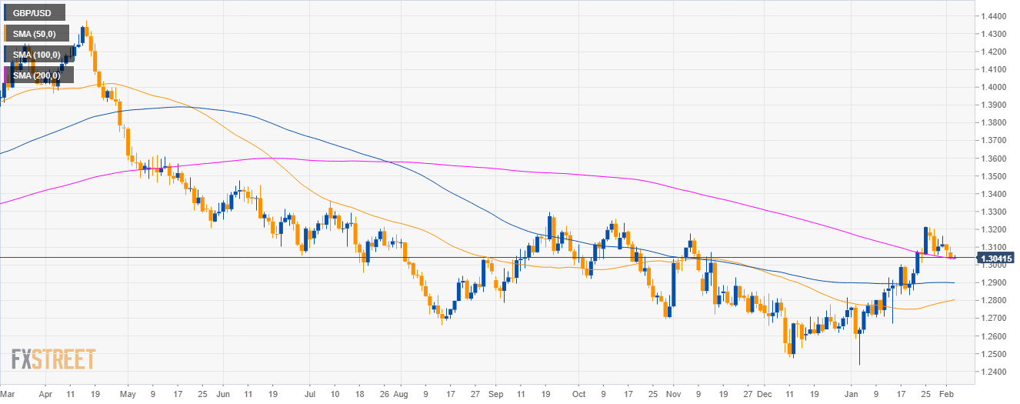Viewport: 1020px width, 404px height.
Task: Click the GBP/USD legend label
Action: (32, 12)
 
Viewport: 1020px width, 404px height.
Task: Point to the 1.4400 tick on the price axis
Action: (993, 16)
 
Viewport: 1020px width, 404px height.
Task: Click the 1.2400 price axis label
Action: (993, 372)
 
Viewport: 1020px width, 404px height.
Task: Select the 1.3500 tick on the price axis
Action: (993, 176)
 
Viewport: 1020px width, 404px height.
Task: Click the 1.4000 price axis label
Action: (993, 88)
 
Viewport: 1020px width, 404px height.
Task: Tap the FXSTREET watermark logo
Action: (53, 359)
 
